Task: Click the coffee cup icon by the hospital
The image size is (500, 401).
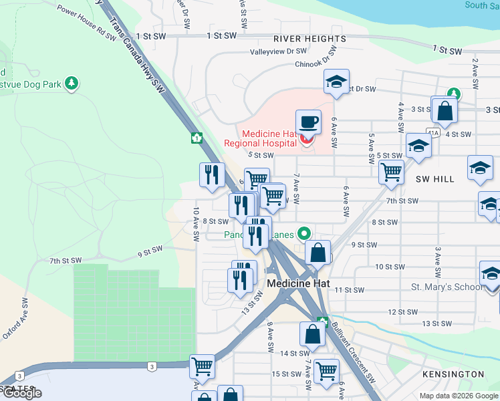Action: tap(308, 122)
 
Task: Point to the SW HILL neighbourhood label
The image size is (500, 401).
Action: tap(434, 179)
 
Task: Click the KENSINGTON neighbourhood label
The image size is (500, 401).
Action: tap(453, 374)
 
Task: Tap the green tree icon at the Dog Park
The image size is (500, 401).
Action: tap(72, 84)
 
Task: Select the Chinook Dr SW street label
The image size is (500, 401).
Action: tap(318, 65)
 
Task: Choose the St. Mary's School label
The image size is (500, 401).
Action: tap(446, 287)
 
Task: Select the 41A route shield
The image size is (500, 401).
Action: tap(434, 134)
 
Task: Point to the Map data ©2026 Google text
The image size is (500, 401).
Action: tap(459, 396)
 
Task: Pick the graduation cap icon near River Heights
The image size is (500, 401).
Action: tap(336, 83)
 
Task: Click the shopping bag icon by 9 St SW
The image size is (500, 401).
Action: tap(318, 253)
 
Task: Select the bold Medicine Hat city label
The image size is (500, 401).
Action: tap(299, 283)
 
